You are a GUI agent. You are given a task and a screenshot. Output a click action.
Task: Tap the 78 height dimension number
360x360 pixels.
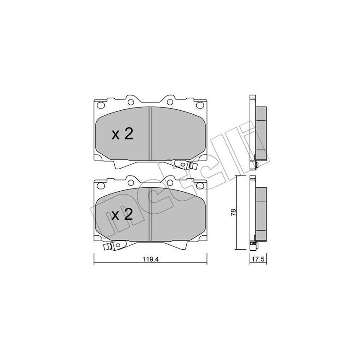tap(234, 212)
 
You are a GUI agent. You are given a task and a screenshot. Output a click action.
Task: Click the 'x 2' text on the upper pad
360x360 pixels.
tap(122, 134)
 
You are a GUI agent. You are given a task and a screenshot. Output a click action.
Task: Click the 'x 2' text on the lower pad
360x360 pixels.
tap(122, 215)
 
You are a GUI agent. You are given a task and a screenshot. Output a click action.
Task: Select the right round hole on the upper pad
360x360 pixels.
tap(170, 102)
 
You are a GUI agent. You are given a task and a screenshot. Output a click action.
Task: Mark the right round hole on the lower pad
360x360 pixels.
tap(170, 183)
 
